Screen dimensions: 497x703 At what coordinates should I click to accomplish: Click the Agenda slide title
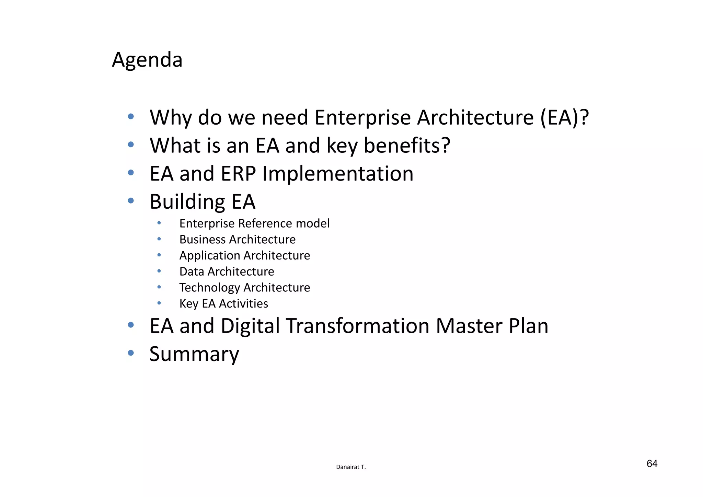147,60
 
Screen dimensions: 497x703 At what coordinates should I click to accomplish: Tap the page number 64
652,464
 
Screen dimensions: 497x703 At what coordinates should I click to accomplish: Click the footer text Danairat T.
351,467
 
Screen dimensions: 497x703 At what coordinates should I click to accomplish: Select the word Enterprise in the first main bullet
362,118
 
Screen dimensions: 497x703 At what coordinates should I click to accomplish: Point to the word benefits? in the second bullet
407,146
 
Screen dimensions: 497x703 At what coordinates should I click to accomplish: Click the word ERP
238,174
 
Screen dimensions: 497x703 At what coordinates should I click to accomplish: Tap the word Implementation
338,174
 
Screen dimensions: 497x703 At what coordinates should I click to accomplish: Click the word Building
187,202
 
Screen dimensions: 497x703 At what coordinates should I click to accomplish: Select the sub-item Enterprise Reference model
254,223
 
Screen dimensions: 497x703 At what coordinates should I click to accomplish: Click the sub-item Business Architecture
237,240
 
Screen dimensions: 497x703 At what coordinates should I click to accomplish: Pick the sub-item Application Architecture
244,256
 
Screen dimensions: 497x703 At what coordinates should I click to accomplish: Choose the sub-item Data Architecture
227,271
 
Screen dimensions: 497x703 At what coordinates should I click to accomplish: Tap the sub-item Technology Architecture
244,288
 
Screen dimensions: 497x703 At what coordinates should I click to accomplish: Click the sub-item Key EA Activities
223,304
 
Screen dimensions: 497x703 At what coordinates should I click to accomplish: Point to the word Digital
250,326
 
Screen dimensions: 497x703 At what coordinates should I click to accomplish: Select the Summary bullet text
194,354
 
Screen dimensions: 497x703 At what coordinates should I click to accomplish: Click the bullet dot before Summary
130,352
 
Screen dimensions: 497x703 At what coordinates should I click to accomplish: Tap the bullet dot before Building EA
130,200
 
